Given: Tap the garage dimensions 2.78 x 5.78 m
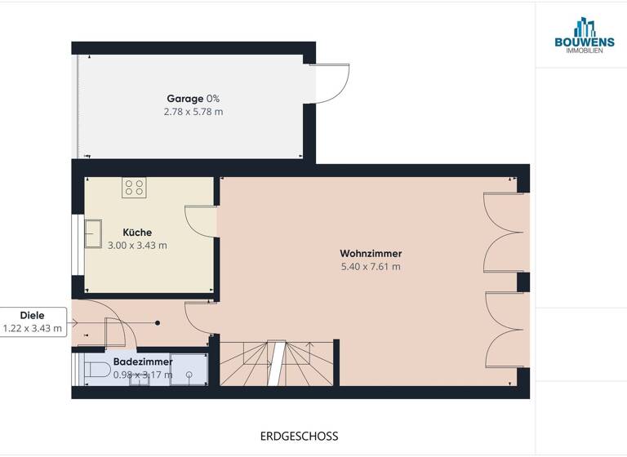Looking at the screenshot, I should coord(193,112).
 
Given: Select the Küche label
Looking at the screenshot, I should coord(137,233).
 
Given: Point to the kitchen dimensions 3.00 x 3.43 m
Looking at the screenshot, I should coord(137,246).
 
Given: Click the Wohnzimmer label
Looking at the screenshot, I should coord(371,253).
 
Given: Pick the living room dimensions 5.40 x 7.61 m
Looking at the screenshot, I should coord(371,266).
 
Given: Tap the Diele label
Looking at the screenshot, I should coord(32,315).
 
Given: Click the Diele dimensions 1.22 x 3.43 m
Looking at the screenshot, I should coord(33,328).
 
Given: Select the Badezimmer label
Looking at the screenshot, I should coord(143,361).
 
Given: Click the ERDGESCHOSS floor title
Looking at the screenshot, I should coord(299,437).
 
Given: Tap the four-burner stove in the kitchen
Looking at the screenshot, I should coord(134,188).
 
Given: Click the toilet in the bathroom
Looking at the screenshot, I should coord(99,370).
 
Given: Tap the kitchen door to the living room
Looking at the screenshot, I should coord(199,220).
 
